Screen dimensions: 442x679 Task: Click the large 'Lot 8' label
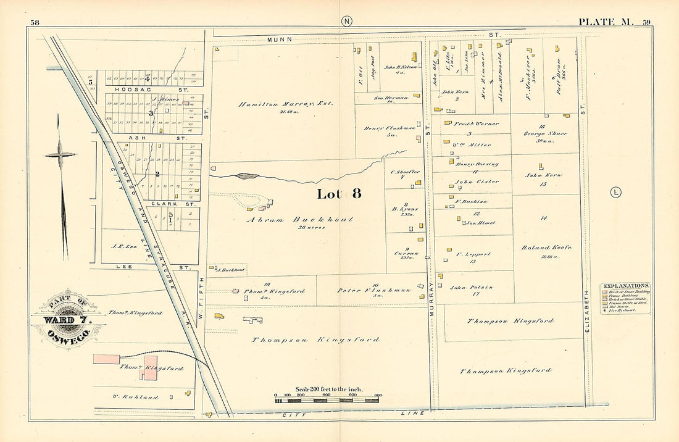click(338, 194)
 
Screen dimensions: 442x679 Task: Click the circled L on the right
click(615, 192)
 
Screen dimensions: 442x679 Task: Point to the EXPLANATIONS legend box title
click(625, 286)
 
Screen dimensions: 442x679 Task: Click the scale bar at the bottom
click(327, 400)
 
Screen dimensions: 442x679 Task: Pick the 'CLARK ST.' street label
click(164, 203)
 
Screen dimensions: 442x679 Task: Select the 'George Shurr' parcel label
click(544, 133)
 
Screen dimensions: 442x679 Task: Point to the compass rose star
click(60, 154)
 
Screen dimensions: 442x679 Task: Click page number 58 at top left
click(35, 23)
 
